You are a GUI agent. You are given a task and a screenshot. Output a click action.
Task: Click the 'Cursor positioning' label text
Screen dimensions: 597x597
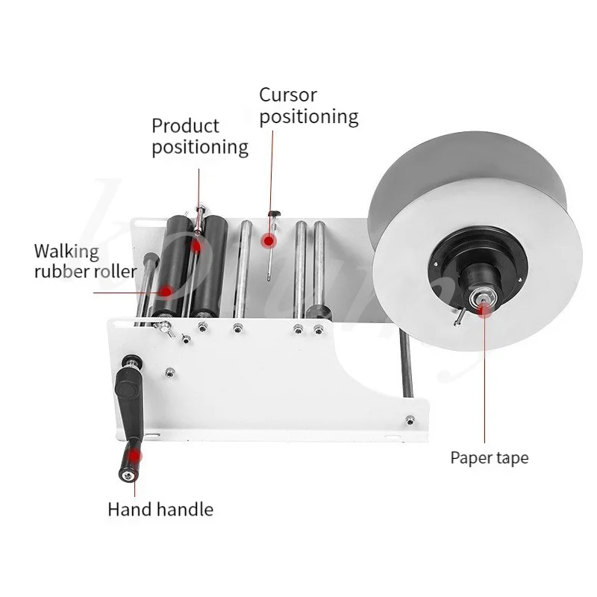pos(308,106)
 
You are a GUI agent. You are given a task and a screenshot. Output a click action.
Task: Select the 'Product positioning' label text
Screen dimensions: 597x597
pos(200,136)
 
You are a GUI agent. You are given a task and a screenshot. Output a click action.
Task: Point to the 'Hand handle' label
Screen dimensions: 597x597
pos(160,510)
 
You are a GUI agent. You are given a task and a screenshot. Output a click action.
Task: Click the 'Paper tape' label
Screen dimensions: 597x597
pos(489,457)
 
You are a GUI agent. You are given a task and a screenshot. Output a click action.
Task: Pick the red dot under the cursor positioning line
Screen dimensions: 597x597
pos(269,241)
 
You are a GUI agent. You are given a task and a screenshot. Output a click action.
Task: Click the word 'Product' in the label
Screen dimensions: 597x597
pos(186,125)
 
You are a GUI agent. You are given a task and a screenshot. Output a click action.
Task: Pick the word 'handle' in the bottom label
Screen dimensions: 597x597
pos(186,510)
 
